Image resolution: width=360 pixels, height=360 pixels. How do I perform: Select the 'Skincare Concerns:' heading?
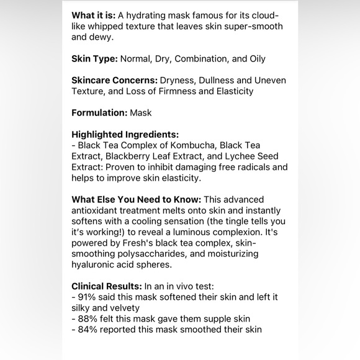coord(114,81)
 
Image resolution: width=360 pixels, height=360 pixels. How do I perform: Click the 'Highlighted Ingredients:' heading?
coord(125,134)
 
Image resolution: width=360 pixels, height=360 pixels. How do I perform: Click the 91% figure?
coord(87,297)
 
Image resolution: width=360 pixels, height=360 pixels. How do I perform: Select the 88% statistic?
coord(87,319)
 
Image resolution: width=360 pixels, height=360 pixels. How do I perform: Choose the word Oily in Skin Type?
coord(255,59)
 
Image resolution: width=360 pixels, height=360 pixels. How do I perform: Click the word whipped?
coord(107,26)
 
